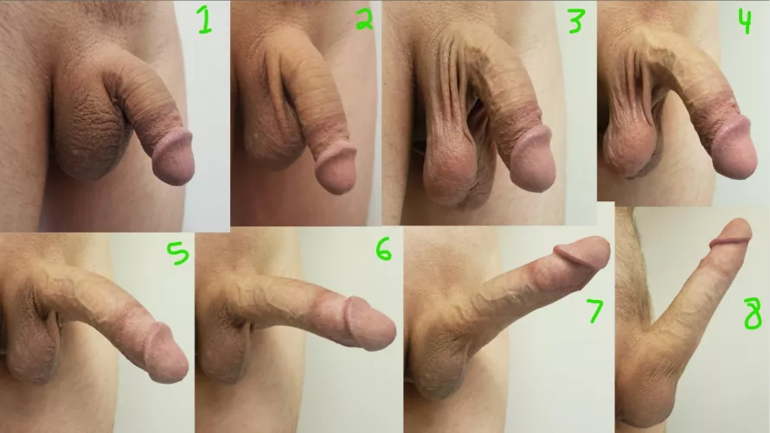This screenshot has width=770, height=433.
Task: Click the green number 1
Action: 203,20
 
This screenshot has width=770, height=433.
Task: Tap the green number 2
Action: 364,21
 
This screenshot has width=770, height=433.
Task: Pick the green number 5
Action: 176,255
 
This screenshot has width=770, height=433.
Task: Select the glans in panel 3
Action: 532,162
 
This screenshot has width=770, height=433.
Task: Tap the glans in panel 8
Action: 732,235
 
